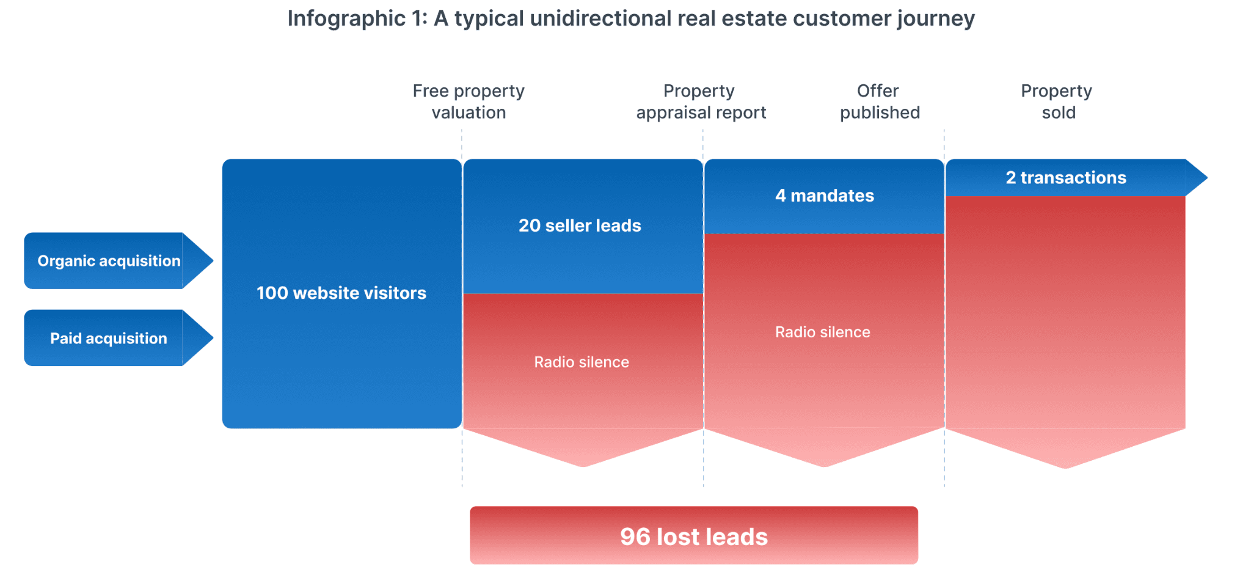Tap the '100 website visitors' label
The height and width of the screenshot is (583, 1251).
(x=341, y=293)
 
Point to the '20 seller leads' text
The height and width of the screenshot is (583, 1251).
(x=580, y=226)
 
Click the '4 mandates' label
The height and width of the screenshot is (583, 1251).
(x=825, y=196)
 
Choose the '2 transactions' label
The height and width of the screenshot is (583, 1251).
(x=1066, y=178)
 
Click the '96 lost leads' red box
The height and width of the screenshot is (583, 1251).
(x=694, y=535)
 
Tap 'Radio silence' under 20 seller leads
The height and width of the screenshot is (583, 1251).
(x=582, y=362)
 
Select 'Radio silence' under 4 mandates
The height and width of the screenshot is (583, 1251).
(x=823, y=332)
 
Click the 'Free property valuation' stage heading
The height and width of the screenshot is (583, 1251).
(x=469, y=101)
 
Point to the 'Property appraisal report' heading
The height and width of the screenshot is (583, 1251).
(x=701, y=101)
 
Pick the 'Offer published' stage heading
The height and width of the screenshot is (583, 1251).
(x=880, y=101)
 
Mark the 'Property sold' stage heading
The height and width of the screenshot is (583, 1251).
(x=1057, y=101)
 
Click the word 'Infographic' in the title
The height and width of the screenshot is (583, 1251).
(x=346, y=19)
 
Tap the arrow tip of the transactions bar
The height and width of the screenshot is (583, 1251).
(x=1207, y=178)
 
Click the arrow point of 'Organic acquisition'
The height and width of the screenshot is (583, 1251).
(x=213, y=260)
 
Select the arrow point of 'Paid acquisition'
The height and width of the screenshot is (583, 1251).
(x=213, y=338)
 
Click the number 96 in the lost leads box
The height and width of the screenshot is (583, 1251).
(x=635, y=537)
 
